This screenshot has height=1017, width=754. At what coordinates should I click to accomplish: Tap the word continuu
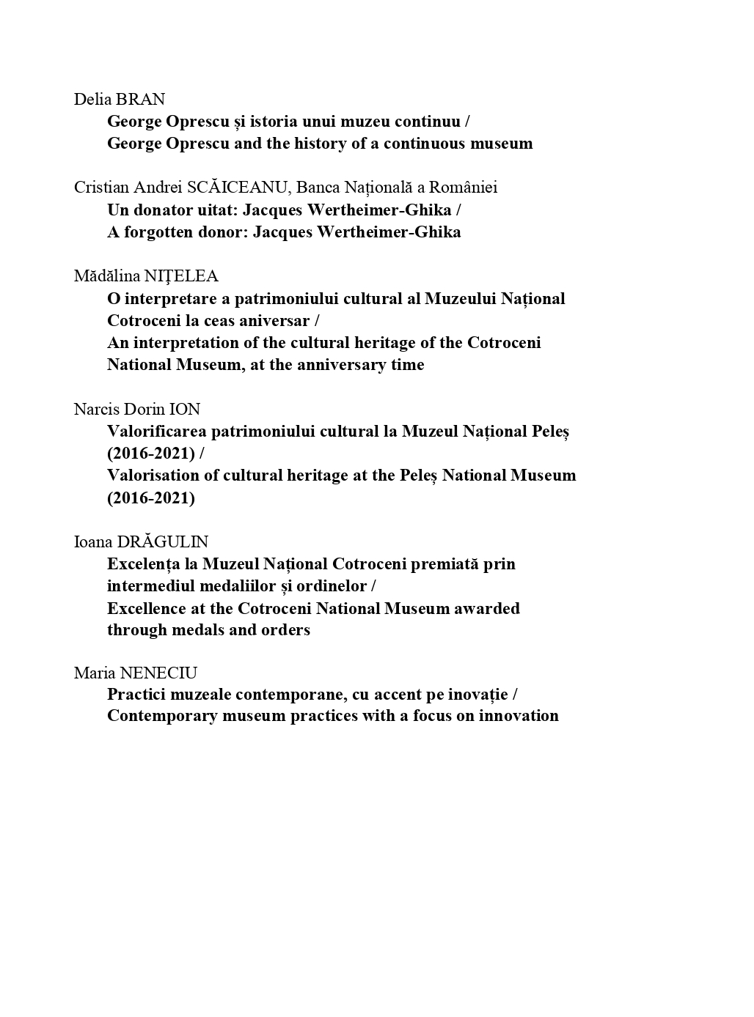(428, 121)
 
